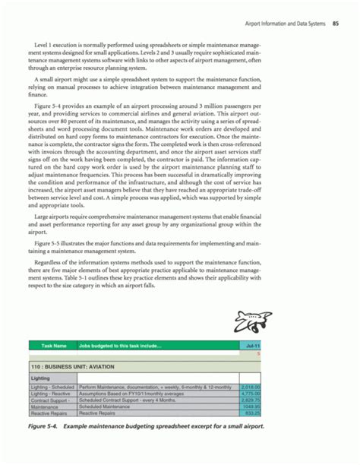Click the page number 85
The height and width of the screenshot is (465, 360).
pos(335,10)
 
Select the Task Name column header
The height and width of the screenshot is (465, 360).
pos(44,346)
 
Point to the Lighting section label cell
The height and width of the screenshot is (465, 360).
pos(41,378)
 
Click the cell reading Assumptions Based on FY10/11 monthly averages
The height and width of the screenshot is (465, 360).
pos(134,394)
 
